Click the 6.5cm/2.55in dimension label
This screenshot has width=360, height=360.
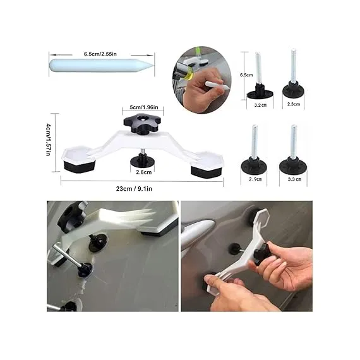click(x=101, y=54)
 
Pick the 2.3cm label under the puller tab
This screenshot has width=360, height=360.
click(x=294, y=104)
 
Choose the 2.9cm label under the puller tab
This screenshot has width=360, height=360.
click(x=256, y=180)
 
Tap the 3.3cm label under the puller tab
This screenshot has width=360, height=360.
click(x=294, y=180)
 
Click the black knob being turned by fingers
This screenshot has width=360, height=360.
click(x=260, y=258)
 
